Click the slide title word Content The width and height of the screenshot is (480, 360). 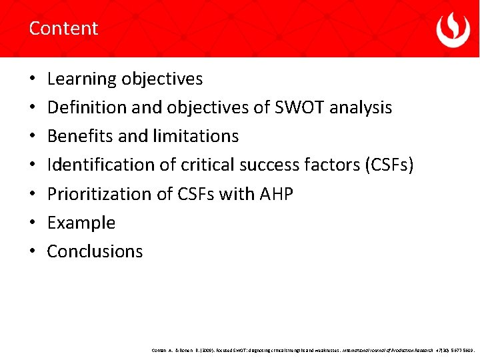tap(63, 28)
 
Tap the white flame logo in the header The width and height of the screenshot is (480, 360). tap(453, 29)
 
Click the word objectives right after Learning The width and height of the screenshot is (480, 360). tap(162, 79)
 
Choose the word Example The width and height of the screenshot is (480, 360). tap(81, 223)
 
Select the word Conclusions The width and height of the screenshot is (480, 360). tap(95, 251)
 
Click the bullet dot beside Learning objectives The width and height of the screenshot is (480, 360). tap(33, 79)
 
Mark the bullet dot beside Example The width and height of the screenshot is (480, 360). tap(33, 223)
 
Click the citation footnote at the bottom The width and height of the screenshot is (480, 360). tap(313, 349)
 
